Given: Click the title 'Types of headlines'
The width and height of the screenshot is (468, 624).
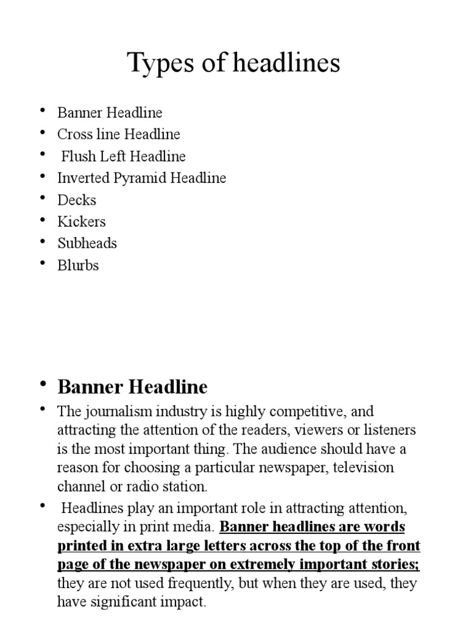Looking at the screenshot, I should coord(234,64).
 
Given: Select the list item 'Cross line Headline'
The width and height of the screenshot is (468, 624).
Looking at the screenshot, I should coord(119,134).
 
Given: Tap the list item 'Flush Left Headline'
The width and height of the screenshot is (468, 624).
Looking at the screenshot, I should coord(124,156).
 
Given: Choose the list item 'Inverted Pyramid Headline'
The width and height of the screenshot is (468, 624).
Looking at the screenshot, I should coord(141,178).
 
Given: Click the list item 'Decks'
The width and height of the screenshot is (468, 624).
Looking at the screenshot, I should coord(77,200).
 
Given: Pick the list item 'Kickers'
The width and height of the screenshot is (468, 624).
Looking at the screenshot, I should coord(82,221).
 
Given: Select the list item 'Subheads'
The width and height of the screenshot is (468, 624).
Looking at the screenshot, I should coord(87,243).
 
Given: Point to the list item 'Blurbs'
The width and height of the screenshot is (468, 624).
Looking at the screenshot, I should coord(78,265).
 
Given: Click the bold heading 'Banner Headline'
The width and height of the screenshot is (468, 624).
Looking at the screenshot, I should coord(132,387).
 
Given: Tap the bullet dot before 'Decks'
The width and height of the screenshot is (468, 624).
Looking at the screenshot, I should coord(43,198).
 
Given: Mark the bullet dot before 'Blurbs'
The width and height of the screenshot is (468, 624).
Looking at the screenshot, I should coord(43,263).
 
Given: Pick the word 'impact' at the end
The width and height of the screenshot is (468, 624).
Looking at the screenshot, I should coord(186,603).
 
